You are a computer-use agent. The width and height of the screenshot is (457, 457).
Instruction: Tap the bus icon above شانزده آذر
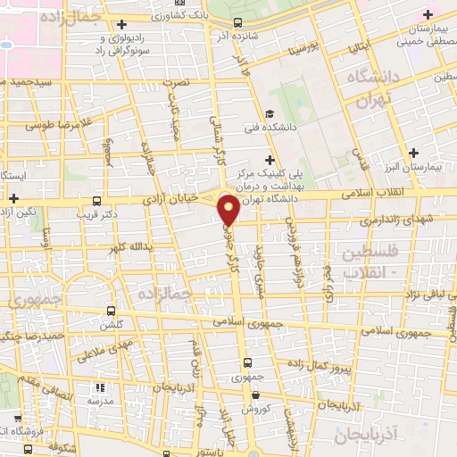point(237,23)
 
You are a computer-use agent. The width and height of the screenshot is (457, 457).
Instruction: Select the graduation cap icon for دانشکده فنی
point(269,112)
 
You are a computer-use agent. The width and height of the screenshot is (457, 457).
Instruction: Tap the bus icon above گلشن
point(111,312)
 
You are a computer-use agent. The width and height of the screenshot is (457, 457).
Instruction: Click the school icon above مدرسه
point(100,388)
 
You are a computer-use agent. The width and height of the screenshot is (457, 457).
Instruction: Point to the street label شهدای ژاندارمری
point(398,219)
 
